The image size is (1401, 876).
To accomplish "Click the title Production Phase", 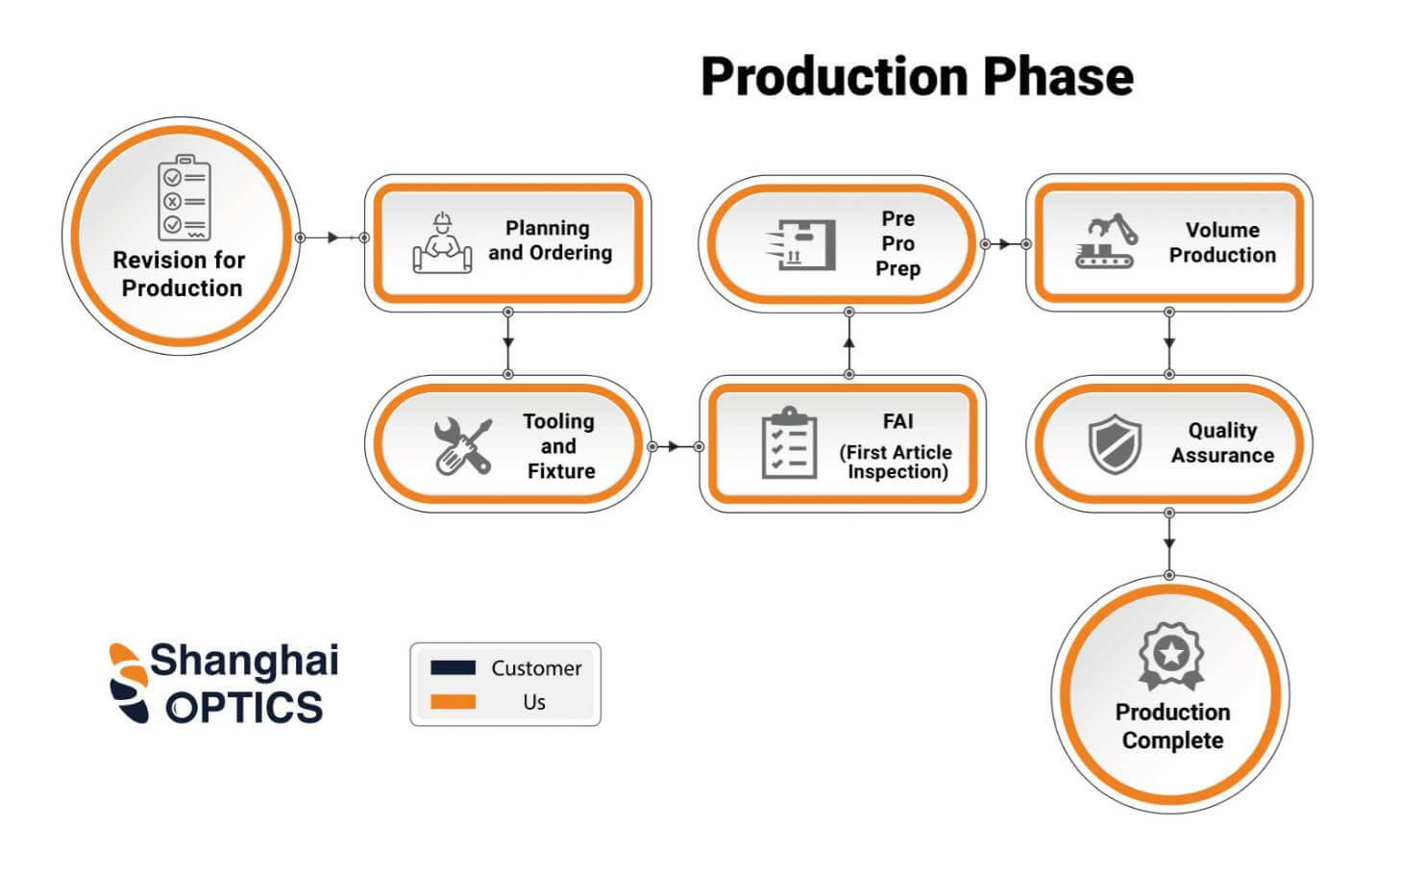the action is (917, 77).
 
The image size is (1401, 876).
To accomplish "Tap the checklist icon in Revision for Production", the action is (184, 198).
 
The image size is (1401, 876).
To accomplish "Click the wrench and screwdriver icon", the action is (463, 446).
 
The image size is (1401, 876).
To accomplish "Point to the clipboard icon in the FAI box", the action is (789, 442).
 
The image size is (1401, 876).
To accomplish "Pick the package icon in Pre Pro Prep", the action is (801, 244).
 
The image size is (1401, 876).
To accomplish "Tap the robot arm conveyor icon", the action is (1106, 241).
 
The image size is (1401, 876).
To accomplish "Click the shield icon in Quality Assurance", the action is (1116, 444).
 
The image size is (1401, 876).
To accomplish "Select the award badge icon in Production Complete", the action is (1171, 656).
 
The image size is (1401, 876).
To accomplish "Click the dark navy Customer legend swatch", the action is (453, 667).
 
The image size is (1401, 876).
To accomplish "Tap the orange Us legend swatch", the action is (453, 701).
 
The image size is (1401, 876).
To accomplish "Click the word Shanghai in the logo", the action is (244, 662).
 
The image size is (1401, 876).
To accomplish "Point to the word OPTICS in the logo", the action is (244, 707).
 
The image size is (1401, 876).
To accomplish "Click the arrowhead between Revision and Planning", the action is (333, 238).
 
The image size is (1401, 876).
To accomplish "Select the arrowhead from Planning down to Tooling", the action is (508, 343).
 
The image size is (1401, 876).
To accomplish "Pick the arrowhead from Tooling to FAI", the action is (674, 447).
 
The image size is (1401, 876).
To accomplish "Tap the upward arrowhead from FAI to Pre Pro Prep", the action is (848, 342).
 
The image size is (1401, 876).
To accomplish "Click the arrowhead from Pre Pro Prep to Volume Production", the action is (1004, 244).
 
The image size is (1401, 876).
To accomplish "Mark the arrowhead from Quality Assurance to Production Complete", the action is (1169, 543).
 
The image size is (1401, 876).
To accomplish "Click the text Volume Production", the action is (1222, 242).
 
